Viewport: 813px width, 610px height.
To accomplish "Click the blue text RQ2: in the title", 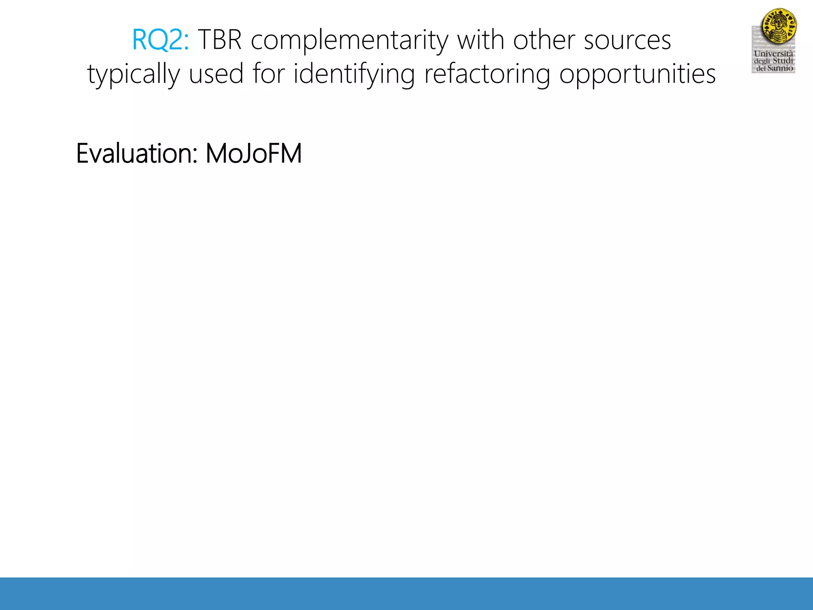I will (x=160, y=41).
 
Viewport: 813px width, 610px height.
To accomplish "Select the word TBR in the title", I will (x=220, y=41).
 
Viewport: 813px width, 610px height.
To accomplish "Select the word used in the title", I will (x=216, y=74).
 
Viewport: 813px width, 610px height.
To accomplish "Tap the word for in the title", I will (x=269, y=74).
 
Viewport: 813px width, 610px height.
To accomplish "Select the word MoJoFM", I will (x=254, y=154).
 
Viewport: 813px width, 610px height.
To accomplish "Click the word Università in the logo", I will (x=773, y=54).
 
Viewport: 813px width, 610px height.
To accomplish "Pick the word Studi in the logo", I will (x=783, y=61).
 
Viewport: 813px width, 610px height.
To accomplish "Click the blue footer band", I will (x=406, y=593).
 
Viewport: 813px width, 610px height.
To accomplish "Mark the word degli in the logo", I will (x=762, y=61).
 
